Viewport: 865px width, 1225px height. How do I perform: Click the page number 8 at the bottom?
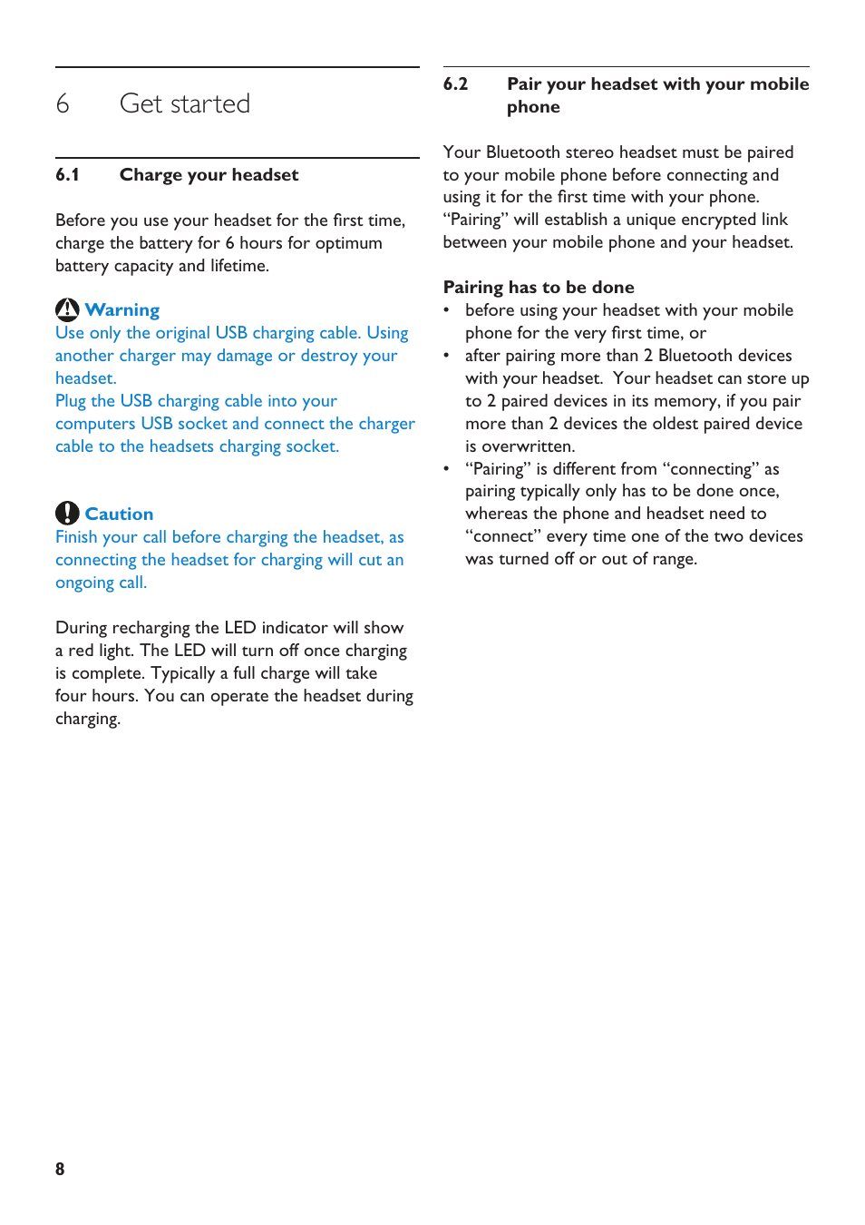pos(60,1169)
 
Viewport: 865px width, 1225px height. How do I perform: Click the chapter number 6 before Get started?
pos(63,104)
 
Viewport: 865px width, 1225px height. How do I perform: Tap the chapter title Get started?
pos(185,104)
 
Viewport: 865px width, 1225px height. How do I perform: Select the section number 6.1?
pos(67,175)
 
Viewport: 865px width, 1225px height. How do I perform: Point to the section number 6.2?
pos(455,84)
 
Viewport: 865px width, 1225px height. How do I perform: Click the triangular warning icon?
pos(67,310)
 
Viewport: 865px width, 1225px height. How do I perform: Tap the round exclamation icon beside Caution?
pos(67,514)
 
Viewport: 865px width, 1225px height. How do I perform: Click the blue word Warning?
pos(122,310)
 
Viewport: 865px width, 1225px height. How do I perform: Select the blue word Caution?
pos(119,514)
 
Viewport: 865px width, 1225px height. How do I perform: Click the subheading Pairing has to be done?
pos(539,288)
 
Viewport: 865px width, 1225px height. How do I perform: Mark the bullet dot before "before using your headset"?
pos(446,310)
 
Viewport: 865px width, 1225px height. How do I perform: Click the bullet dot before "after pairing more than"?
pos(446,356)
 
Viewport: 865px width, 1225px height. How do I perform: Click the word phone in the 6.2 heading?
pos(533,107)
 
